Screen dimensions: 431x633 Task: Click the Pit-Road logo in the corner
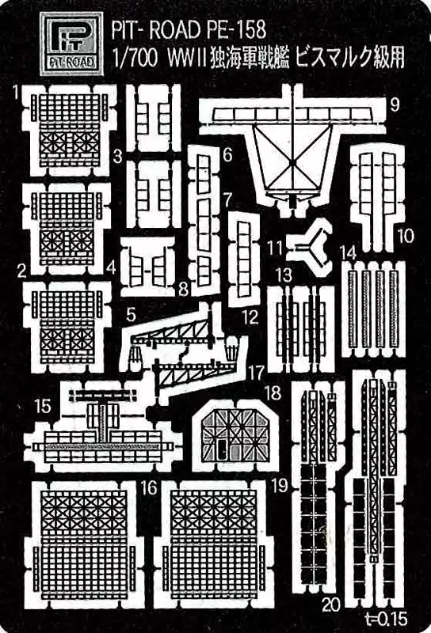point(71,44)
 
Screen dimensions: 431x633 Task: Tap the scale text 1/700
point(133,59)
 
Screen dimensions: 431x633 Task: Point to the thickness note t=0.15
point(385,619)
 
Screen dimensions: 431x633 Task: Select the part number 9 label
point(395,104)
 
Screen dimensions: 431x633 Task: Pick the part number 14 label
point(349,252)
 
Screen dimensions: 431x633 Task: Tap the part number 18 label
point(273,392)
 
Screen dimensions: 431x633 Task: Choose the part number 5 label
point(131,314)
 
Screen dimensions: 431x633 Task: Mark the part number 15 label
point(43,406)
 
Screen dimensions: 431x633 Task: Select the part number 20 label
point(331,605)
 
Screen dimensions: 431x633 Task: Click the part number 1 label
point(16,93)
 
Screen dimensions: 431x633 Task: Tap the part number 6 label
point(227,155)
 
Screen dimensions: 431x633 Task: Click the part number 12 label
point(250,317)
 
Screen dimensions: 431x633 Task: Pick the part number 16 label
point(148,487)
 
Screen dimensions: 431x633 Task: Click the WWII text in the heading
point(186,59)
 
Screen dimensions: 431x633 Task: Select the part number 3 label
point(118,156)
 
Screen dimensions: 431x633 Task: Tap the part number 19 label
point(280,486)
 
